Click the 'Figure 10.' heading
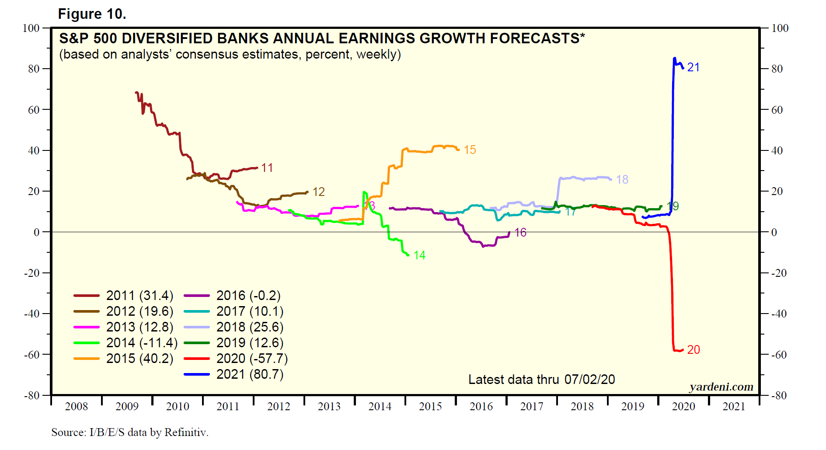(x=92, y=14)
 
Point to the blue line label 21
(x=693, y=67)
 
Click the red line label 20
(x=693, y=350)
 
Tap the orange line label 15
(x=470, y=150)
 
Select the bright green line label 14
(x=419, y=255)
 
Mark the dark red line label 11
(x=267, y=168)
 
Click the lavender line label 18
(x=622, y=180)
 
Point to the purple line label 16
(x=520, y=233)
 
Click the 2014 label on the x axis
(x=380, y=407)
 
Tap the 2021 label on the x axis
(x=734, y=407)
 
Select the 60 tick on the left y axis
(x=34, y=110)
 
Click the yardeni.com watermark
(x=721, y=387)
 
